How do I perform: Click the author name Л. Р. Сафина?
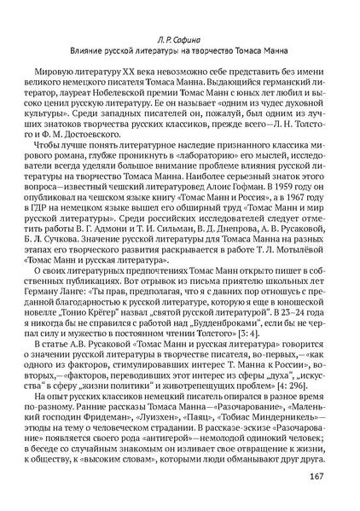(x=179, y=38)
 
